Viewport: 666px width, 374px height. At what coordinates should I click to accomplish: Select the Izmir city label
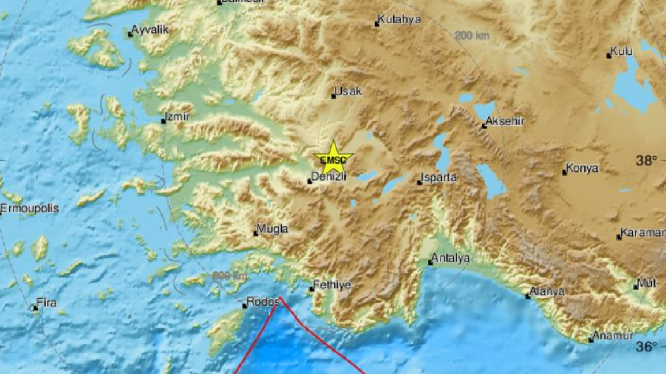[177, 117]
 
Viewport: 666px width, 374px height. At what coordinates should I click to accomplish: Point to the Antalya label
[450, 258]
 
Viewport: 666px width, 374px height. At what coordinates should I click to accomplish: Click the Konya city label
[582, 168]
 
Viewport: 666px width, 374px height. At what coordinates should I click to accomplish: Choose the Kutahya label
[399, 19]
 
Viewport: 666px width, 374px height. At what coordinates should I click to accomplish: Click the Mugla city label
[273, 229]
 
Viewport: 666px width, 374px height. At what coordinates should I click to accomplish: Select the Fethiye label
[332, 284]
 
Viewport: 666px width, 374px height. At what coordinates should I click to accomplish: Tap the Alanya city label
[547, 291]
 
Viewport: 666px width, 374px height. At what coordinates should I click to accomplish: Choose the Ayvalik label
[150, 30]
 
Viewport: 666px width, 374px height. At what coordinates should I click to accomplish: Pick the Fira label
[47, 303]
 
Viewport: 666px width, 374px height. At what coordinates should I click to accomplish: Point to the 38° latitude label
[647, 161]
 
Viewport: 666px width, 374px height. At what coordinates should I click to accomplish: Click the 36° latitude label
[647, 346]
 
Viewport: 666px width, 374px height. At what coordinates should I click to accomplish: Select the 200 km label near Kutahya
[472, 36]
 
